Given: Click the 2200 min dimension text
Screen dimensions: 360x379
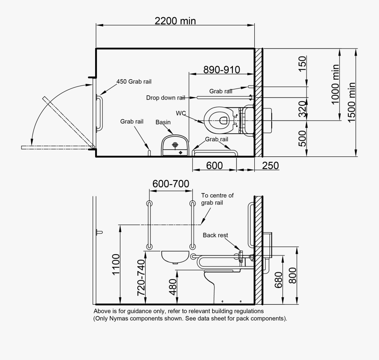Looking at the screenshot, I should [175, 21].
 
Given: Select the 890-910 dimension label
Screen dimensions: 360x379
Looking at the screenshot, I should [221, 69].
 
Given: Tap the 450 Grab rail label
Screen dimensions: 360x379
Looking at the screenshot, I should [134, 81].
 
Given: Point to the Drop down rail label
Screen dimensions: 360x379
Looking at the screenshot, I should [165, 98].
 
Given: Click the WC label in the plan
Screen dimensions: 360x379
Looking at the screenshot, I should [181, 113].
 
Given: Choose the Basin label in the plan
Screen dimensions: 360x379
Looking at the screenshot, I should [163, 122].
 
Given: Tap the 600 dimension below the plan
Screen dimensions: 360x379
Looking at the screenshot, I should [214, 166].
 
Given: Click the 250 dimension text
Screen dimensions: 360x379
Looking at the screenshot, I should [270, 166].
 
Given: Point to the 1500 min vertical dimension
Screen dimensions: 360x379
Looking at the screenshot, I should [352, 101].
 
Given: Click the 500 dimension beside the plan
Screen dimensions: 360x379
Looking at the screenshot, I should [302, 138].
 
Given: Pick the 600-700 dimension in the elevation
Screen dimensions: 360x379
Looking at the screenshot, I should [171, 184].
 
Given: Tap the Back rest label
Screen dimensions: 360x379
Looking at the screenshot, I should [215, 235].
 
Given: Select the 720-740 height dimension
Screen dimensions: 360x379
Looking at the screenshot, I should [141, 277].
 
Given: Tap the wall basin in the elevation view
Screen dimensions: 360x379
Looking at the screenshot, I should [176, 256].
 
